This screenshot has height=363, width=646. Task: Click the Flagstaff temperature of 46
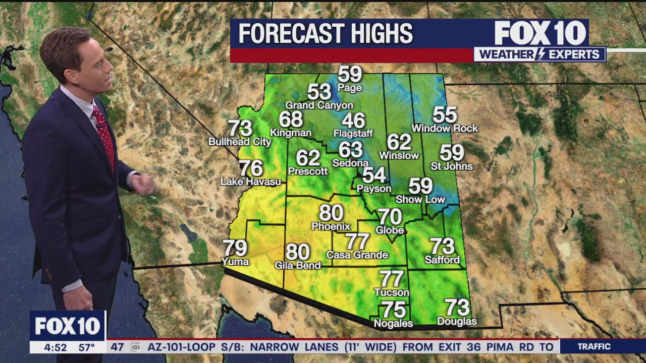click(x=353, y=120)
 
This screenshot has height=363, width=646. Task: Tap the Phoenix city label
click(x=331, y=226)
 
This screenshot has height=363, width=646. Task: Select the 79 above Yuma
click(x=235, y=248)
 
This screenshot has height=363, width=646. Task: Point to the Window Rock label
click(x=445, y=129)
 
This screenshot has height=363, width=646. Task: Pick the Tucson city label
click(x=392, y=292)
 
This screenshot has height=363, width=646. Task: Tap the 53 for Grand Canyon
click(x=319, y=92)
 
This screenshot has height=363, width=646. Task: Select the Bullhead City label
click(x=240, y=142)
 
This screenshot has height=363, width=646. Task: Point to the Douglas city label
click(x=457, y=321)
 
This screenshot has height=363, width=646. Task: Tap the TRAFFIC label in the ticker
click(x=594, y=346)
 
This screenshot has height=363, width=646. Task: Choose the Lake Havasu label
click(x=251, y=181)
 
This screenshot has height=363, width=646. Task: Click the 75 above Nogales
click(x=393, y=310)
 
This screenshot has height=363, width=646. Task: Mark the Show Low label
click(x=420, y=199)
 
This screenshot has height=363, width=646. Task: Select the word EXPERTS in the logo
click(x=578, y=54)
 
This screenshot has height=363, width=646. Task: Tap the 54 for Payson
click(x=374, y=175)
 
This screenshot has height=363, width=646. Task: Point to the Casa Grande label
click(x=357, y=255)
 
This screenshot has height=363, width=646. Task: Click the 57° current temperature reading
click(x=86, y=347)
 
